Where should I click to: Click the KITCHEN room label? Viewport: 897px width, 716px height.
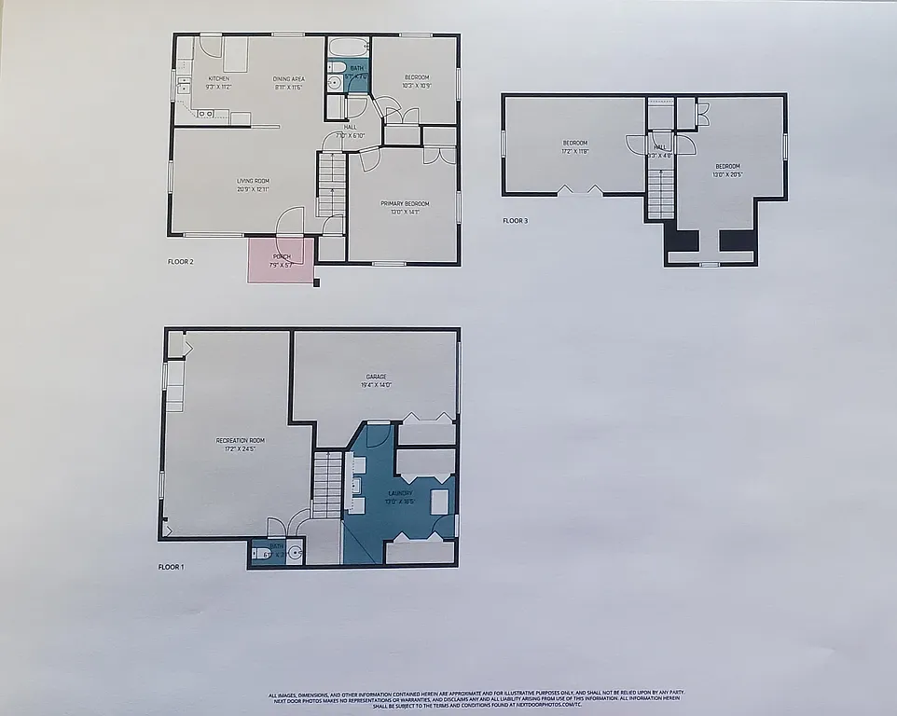pos(218,78)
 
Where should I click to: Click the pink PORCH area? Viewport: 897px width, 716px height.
pos(281,260)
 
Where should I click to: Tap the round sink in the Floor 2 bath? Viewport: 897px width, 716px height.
pos(334,83)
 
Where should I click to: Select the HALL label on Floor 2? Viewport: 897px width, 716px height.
pos(350,127)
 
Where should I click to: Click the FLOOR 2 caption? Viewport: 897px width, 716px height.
pos(181,262)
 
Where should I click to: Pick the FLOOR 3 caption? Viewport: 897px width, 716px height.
pos(515,221)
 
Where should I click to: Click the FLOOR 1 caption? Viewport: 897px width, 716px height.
pos(172,566)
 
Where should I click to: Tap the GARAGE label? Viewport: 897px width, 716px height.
pos(376,377)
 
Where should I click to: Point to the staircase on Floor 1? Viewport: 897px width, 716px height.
pos(327,483)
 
